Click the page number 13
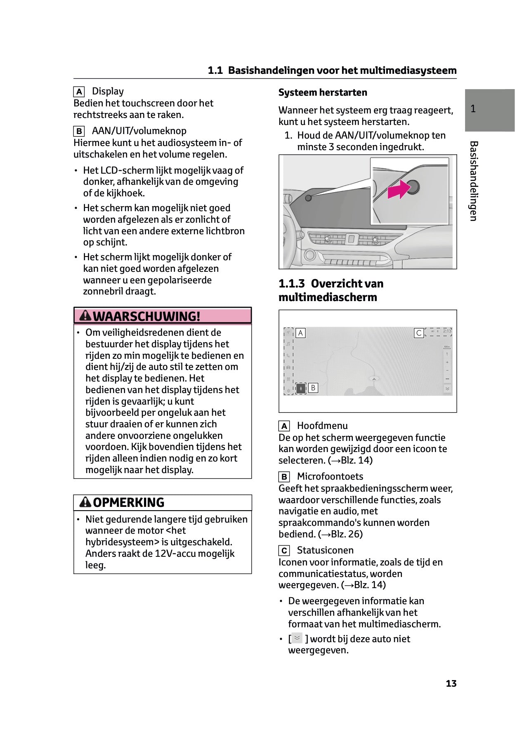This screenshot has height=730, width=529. [451, 684]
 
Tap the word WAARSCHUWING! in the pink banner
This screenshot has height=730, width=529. [146, 316]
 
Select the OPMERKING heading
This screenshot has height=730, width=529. [128, 502]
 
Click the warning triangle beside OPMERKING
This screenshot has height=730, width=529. [85, 502]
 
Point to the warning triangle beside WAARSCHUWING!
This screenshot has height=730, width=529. [85, 316]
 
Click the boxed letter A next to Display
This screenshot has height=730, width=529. [79, 92]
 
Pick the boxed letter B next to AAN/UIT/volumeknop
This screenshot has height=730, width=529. [79, 131]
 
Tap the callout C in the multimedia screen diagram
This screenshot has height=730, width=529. [419, 333]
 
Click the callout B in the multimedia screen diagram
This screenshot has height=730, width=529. [313, 388]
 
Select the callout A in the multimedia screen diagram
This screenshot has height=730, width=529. [301, 333]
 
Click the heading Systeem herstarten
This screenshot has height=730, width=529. [323, 92]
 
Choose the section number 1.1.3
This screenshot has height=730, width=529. [291, 284]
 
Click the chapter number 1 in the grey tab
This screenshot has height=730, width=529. [473, 109]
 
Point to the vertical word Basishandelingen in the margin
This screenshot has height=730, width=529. [474, 181]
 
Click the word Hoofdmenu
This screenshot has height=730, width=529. [322, 426]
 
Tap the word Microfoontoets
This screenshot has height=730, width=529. [330, 476]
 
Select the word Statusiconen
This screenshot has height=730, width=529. [325, 550]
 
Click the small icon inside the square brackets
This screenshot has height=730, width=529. [297, 638]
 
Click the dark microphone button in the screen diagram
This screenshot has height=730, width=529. [301, 388]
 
